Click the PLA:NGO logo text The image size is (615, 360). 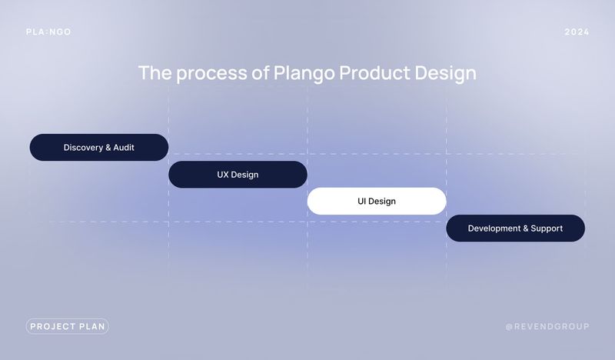(48, 32)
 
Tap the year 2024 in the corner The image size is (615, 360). (577, 32)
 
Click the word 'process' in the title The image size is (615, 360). (212, 73)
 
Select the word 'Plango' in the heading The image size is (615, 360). (304, 73)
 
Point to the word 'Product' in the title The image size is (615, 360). (374, 72)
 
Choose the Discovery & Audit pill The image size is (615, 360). (99, 147)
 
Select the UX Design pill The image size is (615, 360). (238, 175)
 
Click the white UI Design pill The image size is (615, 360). (377, 201)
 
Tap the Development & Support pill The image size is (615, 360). (515, 228)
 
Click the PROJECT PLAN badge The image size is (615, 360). (68, 326)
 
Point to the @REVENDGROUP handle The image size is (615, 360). (547, 326)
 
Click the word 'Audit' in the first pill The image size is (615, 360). (124, 147)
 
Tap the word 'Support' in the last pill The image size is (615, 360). (547, 228)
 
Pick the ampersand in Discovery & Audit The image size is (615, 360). (108, 148)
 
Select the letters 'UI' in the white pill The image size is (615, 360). (361, 201)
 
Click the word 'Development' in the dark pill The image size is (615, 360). (494, 228)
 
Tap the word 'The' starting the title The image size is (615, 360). (155, 73)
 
